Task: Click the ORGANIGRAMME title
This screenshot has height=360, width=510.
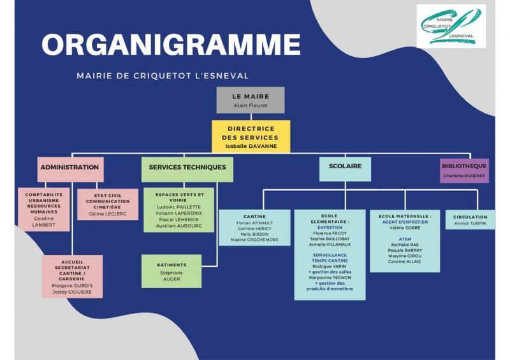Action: [x=171, y=45]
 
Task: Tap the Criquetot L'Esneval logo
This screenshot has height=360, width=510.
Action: [x=451, y=26]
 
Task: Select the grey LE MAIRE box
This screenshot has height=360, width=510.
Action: [x=251, y=100]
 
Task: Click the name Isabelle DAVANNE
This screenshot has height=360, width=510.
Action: [x=251, y=147]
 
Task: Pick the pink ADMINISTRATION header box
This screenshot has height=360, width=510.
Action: [x=70, y=169]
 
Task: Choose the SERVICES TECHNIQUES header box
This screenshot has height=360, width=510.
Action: [x=187, y=169]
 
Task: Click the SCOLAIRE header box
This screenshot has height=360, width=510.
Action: [x=345, y=169]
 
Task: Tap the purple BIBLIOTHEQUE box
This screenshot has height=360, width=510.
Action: [x=464, y=170]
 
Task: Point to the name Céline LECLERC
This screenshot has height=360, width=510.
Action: [x=108, y=214]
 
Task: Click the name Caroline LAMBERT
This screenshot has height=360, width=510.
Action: [x=43, y=222]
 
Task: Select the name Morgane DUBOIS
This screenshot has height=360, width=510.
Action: [x=72, y=285]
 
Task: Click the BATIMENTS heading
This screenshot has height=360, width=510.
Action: [x=171, y=265]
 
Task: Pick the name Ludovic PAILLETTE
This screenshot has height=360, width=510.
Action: [x=179, y=207]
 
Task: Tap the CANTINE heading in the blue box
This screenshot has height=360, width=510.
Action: [x=254, y=217]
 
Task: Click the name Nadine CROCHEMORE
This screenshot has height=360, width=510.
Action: [x=254, y=240]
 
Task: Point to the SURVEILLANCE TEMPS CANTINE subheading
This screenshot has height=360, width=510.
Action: [x=330, y=258]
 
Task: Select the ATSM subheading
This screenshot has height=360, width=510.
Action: [x=405, y=239]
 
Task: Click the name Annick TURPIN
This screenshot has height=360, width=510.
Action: [x=470, y=224]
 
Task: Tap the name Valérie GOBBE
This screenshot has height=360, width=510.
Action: [x=405, y=228]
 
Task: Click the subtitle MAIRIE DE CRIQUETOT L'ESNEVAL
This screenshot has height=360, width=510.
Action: [x=163, y=76]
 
